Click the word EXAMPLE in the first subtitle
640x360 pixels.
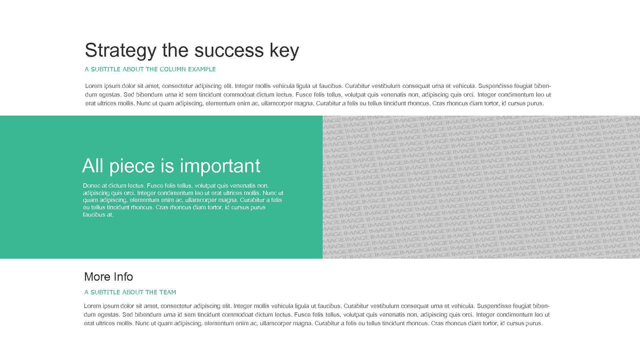point(202,69)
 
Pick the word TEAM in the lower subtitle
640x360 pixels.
point(168,292)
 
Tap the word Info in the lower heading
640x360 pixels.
point(123,277)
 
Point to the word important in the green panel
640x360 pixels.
point(220,166)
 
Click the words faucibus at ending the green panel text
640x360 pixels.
point(98,215)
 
